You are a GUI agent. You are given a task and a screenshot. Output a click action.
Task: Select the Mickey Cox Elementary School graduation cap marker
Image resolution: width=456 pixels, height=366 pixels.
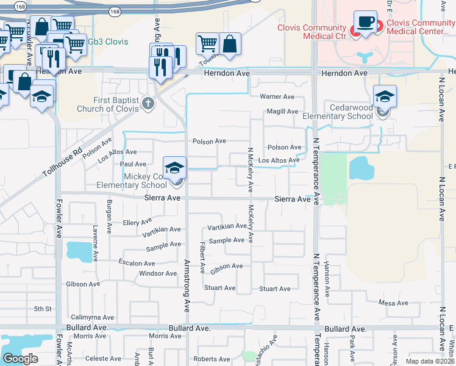click(174, 167)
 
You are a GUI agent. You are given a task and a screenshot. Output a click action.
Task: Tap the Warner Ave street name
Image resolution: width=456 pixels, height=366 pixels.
click(277, 97)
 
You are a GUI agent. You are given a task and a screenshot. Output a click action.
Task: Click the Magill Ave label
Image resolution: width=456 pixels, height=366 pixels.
click(282, 112)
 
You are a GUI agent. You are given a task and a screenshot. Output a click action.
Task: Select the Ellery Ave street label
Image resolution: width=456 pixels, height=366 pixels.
click(137, 223)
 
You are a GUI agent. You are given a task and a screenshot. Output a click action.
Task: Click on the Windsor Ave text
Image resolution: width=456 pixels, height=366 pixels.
click(158, 273)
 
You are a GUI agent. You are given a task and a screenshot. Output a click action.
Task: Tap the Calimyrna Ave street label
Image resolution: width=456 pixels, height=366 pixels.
click(93, 317)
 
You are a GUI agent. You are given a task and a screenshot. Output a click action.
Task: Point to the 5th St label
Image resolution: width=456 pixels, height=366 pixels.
click(43, 309)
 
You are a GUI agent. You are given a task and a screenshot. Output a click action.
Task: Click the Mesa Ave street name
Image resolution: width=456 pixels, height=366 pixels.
click(393, 303)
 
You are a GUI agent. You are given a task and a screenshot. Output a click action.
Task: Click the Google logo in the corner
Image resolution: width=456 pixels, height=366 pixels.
click(20, 359)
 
